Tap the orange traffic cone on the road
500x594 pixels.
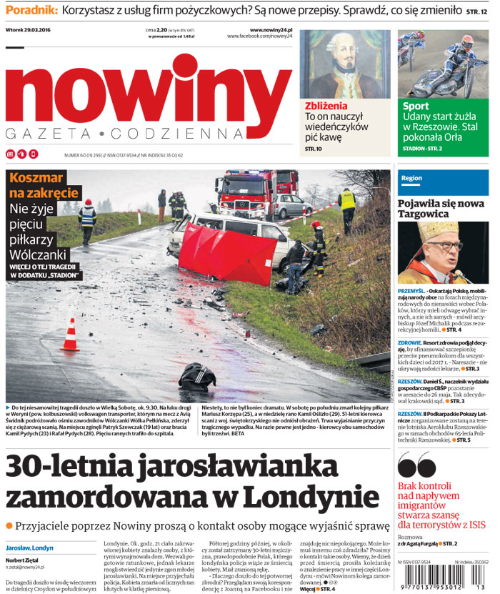tap(70, 335)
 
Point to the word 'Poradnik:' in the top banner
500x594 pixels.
tap(31, 11)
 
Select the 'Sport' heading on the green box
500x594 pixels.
tap(416, 106)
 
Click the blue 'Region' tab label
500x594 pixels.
tap(412, 178)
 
